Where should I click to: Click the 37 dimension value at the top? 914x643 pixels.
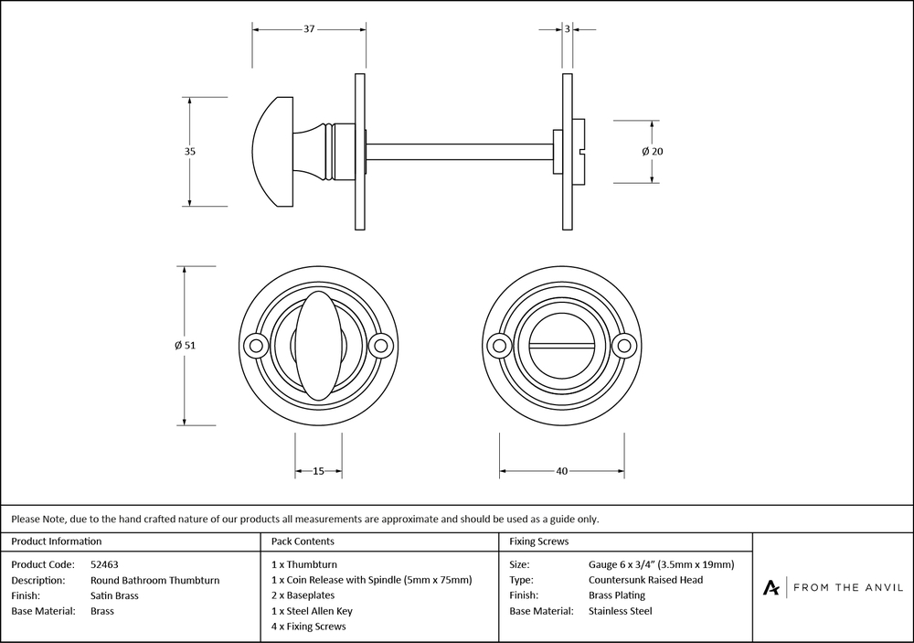coord(309,29)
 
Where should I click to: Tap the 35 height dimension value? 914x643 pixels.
coord(190,151)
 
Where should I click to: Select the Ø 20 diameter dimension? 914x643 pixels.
coord(652,151)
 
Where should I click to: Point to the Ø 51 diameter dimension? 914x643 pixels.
coord(185,346)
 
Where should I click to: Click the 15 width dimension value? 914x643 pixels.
coord(318,471)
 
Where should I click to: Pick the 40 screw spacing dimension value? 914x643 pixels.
coord(562,471)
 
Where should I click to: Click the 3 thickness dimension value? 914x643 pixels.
coord(568,29)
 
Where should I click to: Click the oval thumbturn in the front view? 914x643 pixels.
coord(317,345)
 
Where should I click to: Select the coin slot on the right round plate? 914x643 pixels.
coord(562,346)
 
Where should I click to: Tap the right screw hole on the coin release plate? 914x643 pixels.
coord(625,346)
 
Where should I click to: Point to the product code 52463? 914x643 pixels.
coord(105,564)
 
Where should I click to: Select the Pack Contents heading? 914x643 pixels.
coord(303,541)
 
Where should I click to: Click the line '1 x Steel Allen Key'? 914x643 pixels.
coord(312,611)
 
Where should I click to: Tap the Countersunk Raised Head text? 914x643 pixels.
coord(646,580)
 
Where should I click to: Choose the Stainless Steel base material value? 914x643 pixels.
coord(621,611)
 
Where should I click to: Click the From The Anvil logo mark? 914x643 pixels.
coord(772,587)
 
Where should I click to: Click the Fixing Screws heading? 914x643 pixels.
coord(539,541)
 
